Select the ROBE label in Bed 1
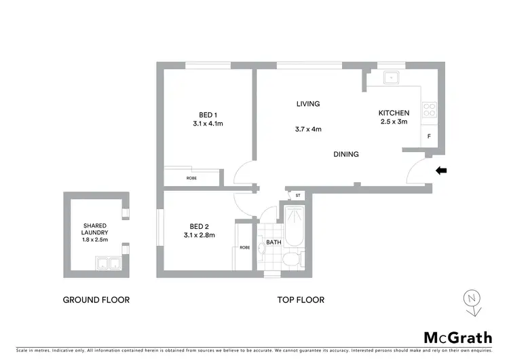192,179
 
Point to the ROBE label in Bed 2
244,247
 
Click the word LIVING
307,104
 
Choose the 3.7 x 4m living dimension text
307,129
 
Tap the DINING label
345,154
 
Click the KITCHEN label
394,113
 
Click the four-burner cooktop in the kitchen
429,109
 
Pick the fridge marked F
429,137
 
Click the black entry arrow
440,170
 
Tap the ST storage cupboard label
297,196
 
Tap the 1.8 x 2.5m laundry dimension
96,240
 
